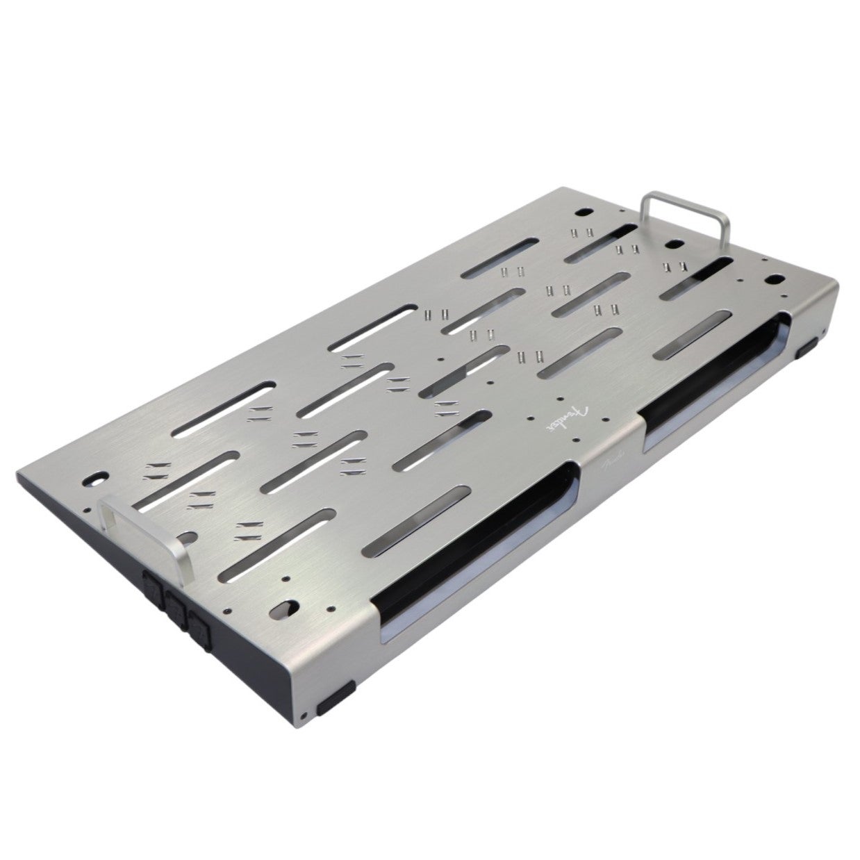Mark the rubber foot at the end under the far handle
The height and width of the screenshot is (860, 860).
(x=809, y=348)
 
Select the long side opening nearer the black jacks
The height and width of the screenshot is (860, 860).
(x=472, y=549)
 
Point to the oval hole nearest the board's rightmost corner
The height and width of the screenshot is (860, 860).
(x=772, y=281)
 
